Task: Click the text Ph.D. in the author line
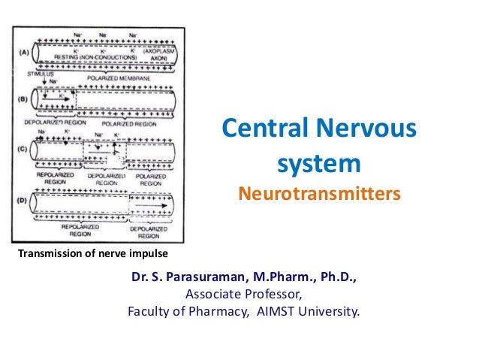click(336, 277)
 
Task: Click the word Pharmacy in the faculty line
click(217, 310)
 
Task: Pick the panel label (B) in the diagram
click(22, 98)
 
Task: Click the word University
click(332, 310)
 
